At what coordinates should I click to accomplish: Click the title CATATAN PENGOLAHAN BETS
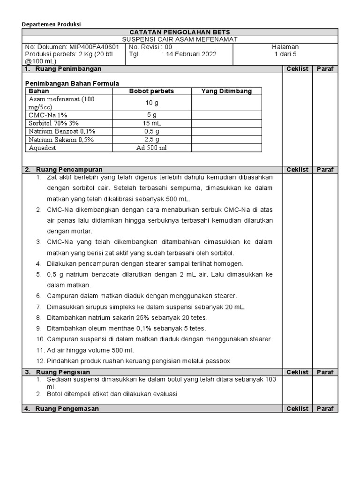coord(180,32)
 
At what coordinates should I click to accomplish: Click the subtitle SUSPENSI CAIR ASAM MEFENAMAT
coord(180,39)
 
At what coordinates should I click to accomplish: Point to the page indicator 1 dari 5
coord(285,54)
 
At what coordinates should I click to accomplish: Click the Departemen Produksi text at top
coord(52,24)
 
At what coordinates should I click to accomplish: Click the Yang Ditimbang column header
coord(226,91)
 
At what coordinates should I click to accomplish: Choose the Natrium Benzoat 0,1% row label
coord(60,131)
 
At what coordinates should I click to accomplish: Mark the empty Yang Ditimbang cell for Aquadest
coord(226,148)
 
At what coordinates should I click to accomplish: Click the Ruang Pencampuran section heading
coord(69,169)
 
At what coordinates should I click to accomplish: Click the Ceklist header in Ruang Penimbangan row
coord(298,69)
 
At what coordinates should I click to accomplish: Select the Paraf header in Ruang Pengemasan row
coord(325,408)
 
